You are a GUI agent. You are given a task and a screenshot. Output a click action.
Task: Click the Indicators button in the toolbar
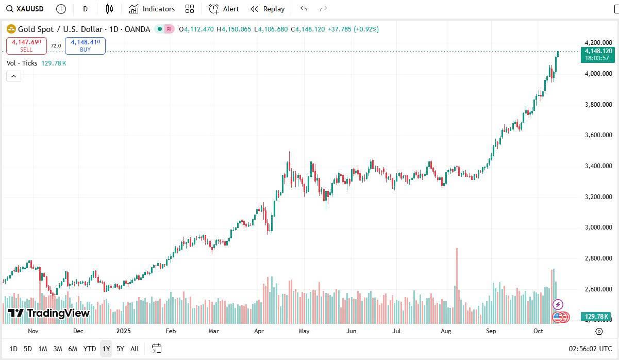[152, 9]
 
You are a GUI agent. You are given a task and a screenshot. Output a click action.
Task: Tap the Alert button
[224, 9]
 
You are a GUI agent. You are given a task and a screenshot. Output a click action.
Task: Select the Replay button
[267, 9]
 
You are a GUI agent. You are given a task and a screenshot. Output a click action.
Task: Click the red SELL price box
[26, 46]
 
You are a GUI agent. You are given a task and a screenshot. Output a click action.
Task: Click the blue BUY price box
[85, 46]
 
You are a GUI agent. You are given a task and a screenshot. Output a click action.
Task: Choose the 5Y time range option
[120, 349]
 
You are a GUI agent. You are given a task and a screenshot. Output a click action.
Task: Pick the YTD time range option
[90, 349]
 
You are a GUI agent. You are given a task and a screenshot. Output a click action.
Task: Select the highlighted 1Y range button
[106, 349]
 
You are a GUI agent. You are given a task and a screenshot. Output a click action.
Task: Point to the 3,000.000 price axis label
[598, 227]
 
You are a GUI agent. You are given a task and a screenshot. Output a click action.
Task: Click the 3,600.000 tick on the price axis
[598, 135]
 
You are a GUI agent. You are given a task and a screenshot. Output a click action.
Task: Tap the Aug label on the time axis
[446, 331]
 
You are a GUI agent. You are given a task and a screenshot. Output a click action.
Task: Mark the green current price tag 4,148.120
[598, 54]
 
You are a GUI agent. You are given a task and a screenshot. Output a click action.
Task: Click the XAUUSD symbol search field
[26, 9]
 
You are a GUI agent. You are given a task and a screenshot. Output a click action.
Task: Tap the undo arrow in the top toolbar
[304, 9]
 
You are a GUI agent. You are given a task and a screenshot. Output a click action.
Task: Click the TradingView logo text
[49, 313]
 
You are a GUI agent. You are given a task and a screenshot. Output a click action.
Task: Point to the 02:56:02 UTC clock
[590, 349]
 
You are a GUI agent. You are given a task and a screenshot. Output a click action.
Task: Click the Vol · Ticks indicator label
[22, 63]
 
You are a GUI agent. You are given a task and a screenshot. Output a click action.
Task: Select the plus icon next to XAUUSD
[61, 9]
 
